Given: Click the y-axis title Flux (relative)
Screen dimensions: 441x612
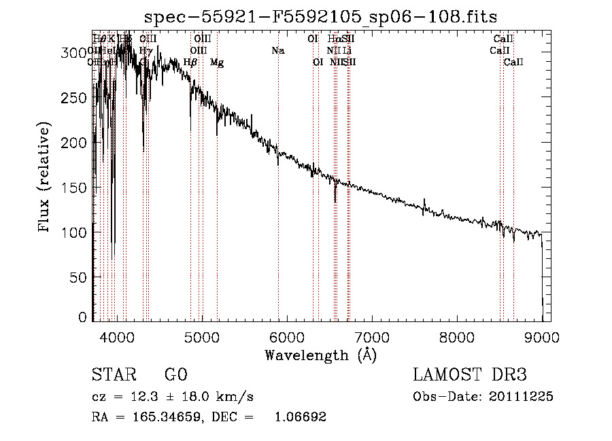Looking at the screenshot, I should (x=45, y=178).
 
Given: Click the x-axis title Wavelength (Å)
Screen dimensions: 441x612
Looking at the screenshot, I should (x=321, y=355).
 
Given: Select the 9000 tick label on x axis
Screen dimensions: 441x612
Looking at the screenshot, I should (x=542, y=337).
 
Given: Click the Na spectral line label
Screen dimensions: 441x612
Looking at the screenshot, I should (x=277, y=50).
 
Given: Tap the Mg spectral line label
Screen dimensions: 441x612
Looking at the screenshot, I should (x=217, y=63).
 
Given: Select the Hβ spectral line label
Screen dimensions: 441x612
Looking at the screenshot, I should (x=190, y=63).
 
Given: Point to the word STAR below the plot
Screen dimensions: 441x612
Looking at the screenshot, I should (x=112, y=376).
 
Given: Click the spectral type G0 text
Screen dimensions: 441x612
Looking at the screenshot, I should (x=175, y=376).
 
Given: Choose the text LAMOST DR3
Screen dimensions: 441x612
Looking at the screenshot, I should (x=470, y=376).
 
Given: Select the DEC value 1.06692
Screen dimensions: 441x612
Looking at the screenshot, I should (x=299, y=417).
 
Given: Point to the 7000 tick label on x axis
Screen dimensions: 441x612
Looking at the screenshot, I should (x=371, y=337).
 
